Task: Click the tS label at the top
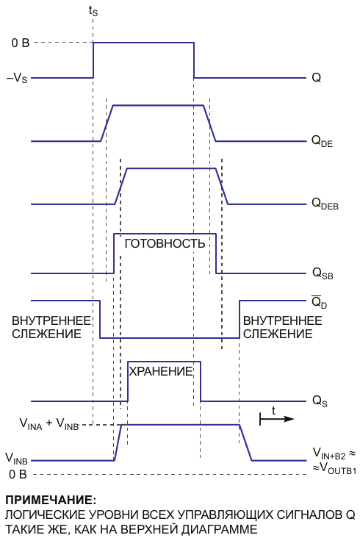pyautogui.click(x=93, y=11)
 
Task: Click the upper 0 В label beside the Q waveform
pyautogui.click(x=21, y=43)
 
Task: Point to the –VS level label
pyautogui.click(x=17, y=78)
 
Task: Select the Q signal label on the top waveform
pyautogui.click(x=316, y=78)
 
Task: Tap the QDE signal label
pyautogui.click(x=322, y=141)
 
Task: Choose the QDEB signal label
pyautogui.click(x=325, y=204)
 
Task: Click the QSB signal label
pyautogui.click(x=323, y=274)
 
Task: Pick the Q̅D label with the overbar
pyautogui.click(x=319, y=302)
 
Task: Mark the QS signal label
pyautogui.click(x=320, y=401)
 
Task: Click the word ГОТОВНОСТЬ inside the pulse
pyautogui.click(x=165, y=243)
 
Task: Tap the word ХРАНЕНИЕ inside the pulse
pyautogui.click(x=160, y=371)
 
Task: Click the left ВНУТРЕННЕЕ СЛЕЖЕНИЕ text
pyautogui.click(x=51, y=327)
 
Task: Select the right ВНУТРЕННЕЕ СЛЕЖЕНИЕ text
pyautogui.click(x=283, y=327)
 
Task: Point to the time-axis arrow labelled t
pyautogui.click(x=277, y=419)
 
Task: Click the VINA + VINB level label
pyautogui.click(x=49, y=424)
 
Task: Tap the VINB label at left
pyautogui.click(x=16, y=458)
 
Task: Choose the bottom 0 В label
pyautogui.click(x=18, y=475)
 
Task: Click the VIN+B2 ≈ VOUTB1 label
pyautogui.click(x=334, y=461)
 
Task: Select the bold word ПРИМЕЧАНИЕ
pyautogui.click(x=51, y=501)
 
